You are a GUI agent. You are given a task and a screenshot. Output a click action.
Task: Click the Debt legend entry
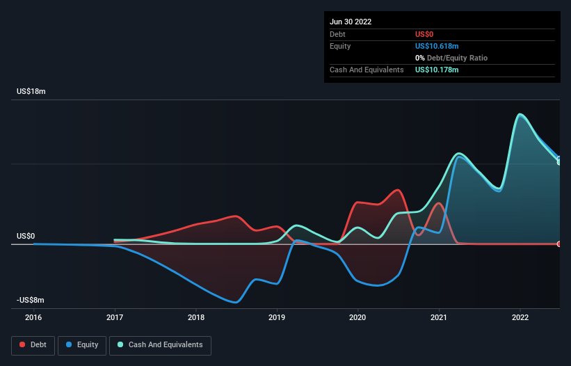(x=33, y=344)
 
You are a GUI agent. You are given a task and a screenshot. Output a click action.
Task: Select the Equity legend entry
(x=83, y=344)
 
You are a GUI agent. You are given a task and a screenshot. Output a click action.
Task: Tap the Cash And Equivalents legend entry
(x=159, y=344)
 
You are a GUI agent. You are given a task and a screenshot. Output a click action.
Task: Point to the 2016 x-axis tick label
(x=33, y=317)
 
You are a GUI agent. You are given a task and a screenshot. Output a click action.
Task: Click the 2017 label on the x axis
(x=115, y=317)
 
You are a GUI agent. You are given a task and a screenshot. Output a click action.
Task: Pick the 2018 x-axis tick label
(x=196, y=317)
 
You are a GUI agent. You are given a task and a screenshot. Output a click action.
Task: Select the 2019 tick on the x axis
(x=277, y=317)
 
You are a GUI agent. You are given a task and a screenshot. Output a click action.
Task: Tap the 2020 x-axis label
(x=358, y=317)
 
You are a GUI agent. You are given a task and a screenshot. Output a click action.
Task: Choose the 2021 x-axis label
(x=439, y=317)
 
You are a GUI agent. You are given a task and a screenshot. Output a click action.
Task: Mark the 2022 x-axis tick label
(x=520, y=317)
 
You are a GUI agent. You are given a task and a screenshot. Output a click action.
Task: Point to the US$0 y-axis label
(x=26, y=236)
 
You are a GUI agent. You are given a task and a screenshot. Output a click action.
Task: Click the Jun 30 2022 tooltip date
(x=351, y=22)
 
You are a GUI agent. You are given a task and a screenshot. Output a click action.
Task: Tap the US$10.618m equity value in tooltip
(x=437, y=46)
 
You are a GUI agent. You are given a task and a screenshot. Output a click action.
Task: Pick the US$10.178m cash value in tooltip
(x=437, y=70)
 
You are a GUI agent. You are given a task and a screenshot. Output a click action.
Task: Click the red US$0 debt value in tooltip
(x=424, y=34)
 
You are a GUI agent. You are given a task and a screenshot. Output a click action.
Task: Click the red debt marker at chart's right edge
(x=558, y=244)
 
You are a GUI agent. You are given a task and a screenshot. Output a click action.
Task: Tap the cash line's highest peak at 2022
(x=520, y=114)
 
